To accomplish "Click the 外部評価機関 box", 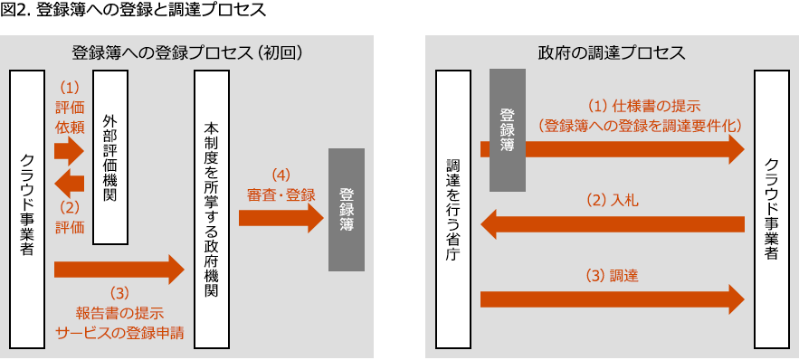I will pos(109,156).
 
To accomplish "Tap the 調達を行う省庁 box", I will pos(452,209).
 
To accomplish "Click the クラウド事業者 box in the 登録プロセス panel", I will pos(27,209).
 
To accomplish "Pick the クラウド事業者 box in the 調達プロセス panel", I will pos(771,209).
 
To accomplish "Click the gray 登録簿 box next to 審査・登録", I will pos(346,209).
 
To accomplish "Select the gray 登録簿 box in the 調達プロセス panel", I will pos(507,130).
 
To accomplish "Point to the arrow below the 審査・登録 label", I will pos(281,217).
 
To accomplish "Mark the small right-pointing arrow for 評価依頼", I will pos(69,150).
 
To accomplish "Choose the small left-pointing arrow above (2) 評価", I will pos(69,185).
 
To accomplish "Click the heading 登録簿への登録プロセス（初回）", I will pos(186,52).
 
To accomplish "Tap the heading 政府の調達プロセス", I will pos(612,52).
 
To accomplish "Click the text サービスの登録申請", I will pos(119,332).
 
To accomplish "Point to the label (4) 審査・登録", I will pos(281,184).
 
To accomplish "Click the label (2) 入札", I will pos(613,200).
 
